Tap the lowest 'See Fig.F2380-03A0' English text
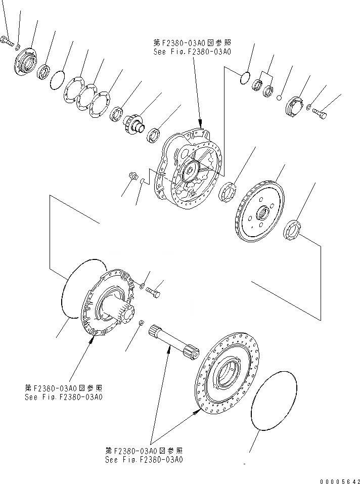144,460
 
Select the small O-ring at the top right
244,76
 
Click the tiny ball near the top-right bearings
280,98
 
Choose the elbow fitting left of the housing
133,178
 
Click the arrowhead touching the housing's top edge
202,125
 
